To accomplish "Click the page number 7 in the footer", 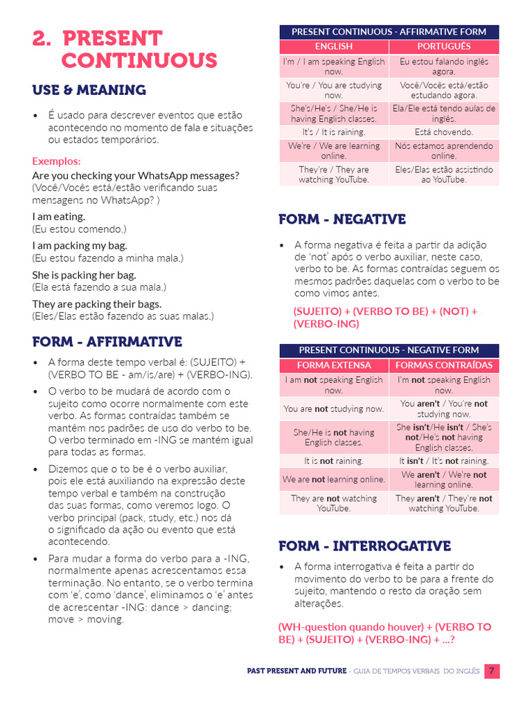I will coord(491,671).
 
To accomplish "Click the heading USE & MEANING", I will coord(89,90).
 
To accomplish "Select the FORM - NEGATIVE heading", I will coord(342,219).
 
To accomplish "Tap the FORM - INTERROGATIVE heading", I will coord(364,546).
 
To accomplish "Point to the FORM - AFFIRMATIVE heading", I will coord(107,342).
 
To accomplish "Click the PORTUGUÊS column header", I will coord(443,46).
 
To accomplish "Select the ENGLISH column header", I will coord(334,46).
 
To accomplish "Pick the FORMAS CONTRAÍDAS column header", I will coord(443,365).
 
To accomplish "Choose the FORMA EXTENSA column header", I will coord(334,365).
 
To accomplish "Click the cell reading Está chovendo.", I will coord(443,132).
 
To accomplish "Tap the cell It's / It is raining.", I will coord(334,132).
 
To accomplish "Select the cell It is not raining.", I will coord(334,460).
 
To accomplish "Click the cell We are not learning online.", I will coord(334,479).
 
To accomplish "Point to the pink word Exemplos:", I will coord(56,161).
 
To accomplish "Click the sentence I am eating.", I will coord(59,217).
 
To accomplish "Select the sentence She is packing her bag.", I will coord(84,275).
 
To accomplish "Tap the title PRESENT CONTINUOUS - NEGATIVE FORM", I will coord(389,350).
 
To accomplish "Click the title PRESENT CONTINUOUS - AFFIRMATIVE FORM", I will coord(389,32).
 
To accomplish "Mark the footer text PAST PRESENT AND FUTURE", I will coord(296,671).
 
